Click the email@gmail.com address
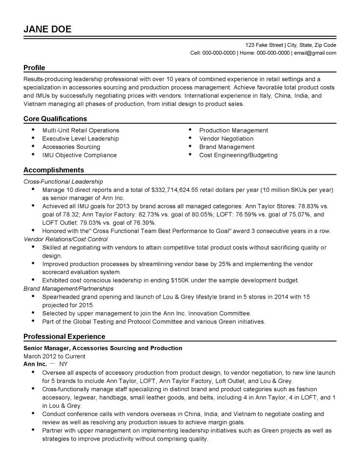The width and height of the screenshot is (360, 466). coord(315,53)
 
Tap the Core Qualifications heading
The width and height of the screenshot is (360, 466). coord(55,118)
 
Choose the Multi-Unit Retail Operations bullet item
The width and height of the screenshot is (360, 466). coord(81,130)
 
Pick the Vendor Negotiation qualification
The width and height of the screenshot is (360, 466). coord(226,139)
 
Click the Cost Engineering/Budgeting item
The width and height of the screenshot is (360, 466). coord(238,155)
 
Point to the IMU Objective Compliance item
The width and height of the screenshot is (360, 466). coord(79,155)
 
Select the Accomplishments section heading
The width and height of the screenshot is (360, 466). coord(54,170)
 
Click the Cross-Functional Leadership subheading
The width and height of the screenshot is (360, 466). coord(64,181)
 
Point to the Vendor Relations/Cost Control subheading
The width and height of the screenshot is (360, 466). coord(66,239)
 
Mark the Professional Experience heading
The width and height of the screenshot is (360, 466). coord(64,336)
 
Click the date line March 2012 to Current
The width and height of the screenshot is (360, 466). coord(51,356)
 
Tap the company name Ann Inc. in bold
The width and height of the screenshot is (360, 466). coord(35,365)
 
